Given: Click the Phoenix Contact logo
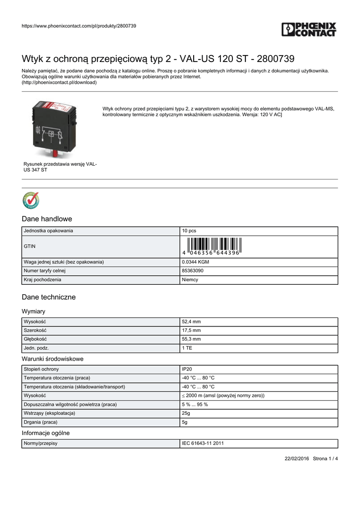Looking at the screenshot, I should click(x=309, y=29).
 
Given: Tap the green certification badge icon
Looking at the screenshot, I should click(x=31, y=200).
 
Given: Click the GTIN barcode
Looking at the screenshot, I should click(x=212, y=246).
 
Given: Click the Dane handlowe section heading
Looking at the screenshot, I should click(x=47, y=219).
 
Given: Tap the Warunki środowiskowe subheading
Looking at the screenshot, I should click(x=53, y=359).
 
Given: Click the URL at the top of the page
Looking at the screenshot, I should click(x=79, y=26).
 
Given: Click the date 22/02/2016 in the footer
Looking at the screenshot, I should click(x=296, y=458).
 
